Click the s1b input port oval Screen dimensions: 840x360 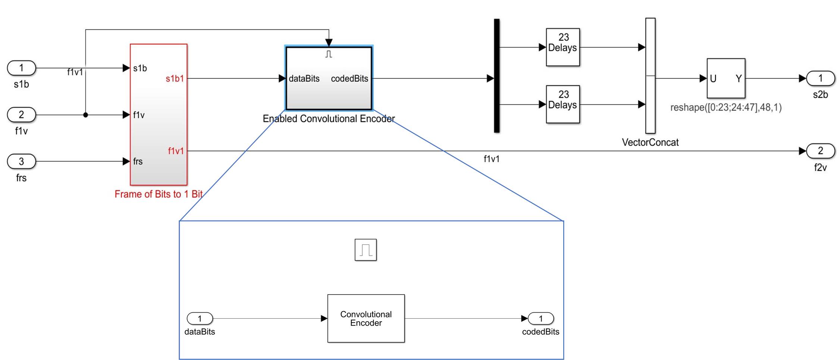(x=21, y=68)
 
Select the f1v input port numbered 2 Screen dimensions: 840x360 (x=21, y=115)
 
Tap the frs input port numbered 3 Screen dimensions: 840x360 (x=21, y=162)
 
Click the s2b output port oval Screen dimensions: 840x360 (x=820, y=78)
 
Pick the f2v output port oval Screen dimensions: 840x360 (x=820, y=151)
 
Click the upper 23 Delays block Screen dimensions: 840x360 (x=563, y=47)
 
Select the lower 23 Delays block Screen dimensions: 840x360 (x=563, y=104)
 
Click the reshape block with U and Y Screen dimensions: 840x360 (x=726, y=78)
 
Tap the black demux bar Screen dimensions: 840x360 (x=496, y=76)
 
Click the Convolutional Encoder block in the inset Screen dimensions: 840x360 (x=366, y=319)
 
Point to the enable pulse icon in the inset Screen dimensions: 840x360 (x=366, y=250)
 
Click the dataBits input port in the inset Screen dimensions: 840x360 (x=200, y=319)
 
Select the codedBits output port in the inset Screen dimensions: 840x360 (x=541, y=319)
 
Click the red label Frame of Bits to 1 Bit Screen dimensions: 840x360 (x=159, y=194)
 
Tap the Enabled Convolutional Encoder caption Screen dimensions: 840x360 (x=329, y=119)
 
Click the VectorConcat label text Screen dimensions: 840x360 (x=650, y=142)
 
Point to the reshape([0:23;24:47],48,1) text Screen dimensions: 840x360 (x=726, y=107)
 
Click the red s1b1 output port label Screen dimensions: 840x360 (x=175, y=79)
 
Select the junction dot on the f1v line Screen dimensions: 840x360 (x=85, y=115)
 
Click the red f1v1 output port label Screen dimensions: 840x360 (x=176, y=151)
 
